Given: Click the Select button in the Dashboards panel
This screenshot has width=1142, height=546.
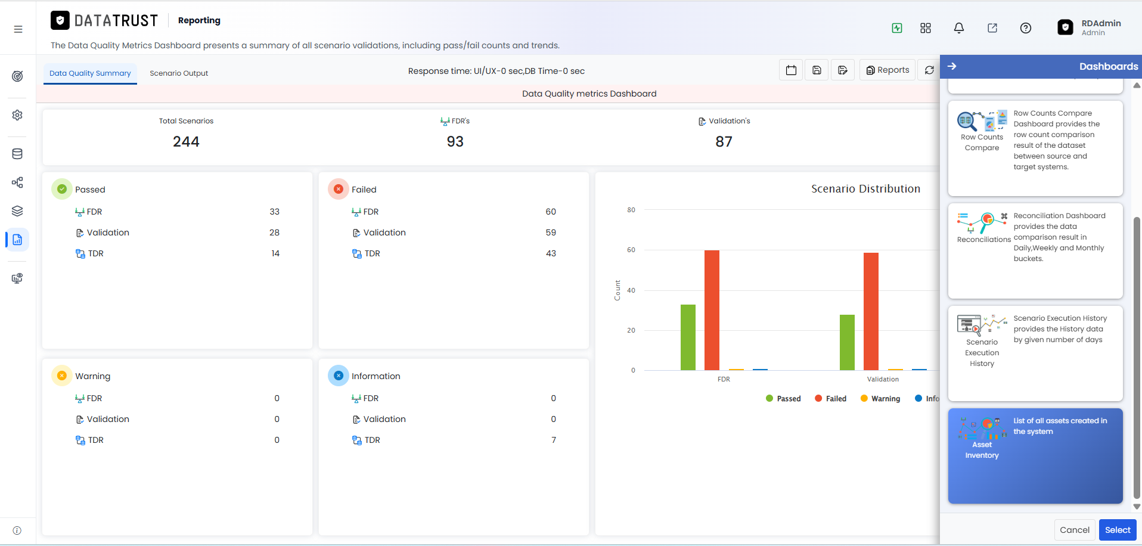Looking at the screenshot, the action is click(1118, 530).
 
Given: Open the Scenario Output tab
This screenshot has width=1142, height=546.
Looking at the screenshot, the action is click(179, 73).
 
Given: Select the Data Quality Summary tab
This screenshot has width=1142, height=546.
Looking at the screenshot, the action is click(90, 73).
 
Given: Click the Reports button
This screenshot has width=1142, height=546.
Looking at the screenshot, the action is click(887, 70).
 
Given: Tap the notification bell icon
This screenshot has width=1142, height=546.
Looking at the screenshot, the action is click(959, 28).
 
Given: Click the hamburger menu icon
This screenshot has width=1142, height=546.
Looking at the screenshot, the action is click(18, 29).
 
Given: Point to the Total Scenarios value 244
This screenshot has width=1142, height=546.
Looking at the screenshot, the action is click(186, 142).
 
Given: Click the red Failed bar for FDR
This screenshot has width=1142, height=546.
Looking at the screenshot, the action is click(712, 310).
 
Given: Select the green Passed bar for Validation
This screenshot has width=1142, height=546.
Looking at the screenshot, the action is click(847, 342).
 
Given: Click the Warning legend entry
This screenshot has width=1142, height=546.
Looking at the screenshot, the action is click(880, 399).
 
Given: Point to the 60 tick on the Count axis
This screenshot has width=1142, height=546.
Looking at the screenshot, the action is click(631, 250).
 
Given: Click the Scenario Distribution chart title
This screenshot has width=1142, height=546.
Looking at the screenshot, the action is click(865, 189).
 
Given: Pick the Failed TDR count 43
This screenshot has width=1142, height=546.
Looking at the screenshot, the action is click(551, 253).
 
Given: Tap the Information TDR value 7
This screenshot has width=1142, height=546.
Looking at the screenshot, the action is click(554, 440).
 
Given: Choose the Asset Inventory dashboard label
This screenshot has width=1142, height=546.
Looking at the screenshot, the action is click(982, 450).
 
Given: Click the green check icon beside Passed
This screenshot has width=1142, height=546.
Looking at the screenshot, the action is click(62, 189).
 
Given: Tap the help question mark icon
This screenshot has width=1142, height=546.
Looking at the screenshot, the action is click(1026, 28).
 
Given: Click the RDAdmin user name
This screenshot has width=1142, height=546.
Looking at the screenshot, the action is click(1101, 23).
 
